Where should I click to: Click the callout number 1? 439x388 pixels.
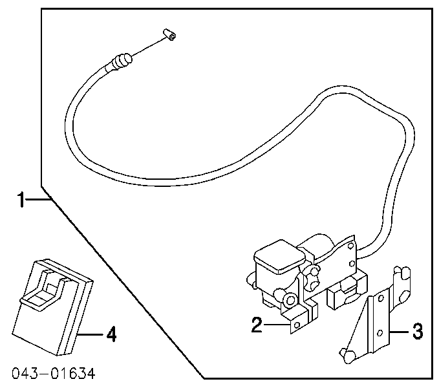pos(21,199)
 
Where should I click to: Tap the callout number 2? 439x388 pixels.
pos(257,325)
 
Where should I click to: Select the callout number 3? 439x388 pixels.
pos(418,331)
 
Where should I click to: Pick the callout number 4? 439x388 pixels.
pos(111,334)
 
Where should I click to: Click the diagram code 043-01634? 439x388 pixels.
pos(54,373)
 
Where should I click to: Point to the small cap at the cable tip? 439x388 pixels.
pos(170,34)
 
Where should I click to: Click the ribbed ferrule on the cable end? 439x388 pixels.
pos(122,61)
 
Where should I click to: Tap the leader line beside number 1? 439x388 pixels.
pos(38,199)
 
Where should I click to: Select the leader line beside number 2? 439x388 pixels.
pos(276,325)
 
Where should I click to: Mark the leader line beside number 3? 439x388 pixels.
pos(400,332)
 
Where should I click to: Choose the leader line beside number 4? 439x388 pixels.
pos(91,334)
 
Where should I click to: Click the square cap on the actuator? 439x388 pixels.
pos(279,256)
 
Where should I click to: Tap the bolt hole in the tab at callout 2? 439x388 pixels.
pos(297,325)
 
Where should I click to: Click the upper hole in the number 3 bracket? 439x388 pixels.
pos(380,298)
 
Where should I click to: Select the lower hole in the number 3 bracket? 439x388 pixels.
pos(380,333)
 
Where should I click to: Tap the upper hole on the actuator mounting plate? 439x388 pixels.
pos(350,246)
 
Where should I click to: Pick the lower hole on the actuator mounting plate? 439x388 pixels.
pos(352,264)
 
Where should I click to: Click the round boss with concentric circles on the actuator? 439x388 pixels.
pos(290,301)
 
